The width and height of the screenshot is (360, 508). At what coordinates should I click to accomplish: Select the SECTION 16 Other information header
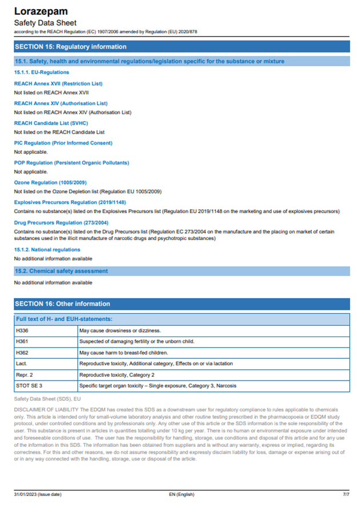coord(62,303)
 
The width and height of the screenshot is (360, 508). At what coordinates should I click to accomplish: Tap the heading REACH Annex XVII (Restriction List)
coord(58,83)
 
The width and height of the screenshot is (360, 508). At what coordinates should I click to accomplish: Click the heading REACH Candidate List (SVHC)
coord(51,123)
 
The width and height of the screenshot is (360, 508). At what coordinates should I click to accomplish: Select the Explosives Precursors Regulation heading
coord(70,202)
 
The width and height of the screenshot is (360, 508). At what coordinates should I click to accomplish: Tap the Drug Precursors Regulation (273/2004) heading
coord(61,222)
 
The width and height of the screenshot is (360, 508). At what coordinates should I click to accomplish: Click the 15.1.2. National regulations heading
coord(47,250)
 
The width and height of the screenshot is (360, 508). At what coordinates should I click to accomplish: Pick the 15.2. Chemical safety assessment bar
coord(61,271)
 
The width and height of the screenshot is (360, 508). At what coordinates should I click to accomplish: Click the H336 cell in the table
coord(22,330)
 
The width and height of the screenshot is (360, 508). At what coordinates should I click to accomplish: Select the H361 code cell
coord(22,341)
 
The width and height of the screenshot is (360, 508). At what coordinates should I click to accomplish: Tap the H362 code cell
coord(22,353)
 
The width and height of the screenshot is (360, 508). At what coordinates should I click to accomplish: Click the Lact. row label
coord(22,363)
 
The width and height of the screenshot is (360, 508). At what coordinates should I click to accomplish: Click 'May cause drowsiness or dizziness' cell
coord(120,330)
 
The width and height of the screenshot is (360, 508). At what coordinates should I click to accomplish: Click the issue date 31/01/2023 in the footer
coord(38,493)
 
